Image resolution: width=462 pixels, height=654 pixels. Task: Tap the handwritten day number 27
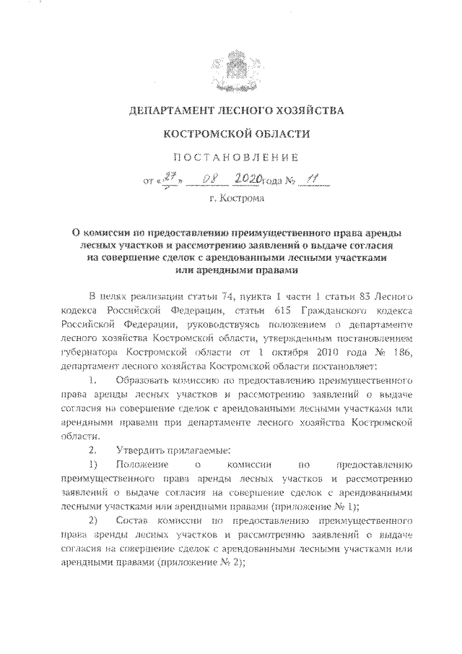tap(172, 177)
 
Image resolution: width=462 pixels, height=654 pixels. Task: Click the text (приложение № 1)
tap(323, 506)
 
